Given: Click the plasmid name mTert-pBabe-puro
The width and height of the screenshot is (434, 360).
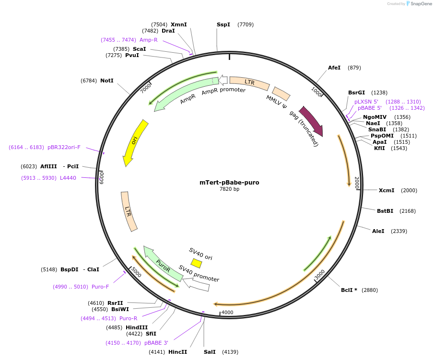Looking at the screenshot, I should tap(229, 182).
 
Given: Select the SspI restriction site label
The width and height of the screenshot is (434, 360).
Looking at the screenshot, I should tap(223, 24).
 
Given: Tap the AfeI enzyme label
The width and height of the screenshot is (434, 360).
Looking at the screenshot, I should tap(334, 68).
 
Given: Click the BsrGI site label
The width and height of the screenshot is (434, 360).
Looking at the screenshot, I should tap(356, 93).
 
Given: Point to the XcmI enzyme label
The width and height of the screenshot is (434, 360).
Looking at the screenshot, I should tap(387, 190).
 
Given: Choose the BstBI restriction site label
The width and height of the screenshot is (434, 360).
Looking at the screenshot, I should tap(385, 211).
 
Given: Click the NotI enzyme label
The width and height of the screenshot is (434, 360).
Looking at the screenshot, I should tap(107, 81).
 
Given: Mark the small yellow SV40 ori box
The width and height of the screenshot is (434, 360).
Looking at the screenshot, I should tap(196, 263).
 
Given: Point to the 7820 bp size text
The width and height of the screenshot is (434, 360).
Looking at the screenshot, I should tap(229, 189).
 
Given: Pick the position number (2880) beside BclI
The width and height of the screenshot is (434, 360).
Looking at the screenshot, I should tap(370, 290).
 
